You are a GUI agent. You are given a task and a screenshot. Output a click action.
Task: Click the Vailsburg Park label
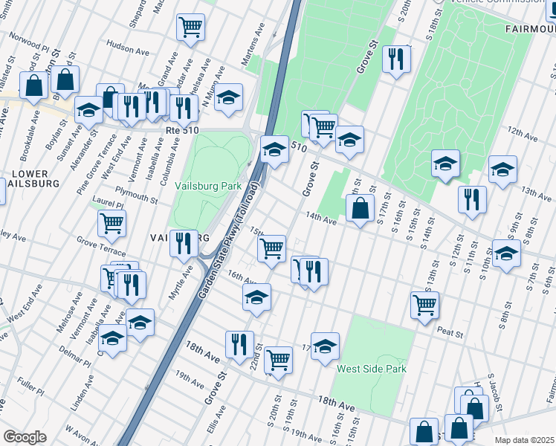[x=207, y=186]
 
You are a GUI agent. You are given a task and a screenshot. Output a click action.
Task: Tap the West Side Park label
[x=372, y=369]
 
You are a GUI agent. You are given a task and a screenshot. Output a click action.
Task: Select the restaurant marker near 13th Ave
[x=472, y=199]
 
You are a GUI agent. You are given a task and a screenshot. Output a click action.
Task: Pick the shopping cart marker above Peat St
[x=424, y=303]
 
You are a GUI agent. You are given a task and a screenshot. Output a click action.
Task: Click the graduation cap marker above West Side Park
[x=325, y=346]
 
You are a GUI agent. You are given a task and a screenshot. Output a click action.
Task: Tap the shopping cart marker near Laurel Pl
[x=111, y=222]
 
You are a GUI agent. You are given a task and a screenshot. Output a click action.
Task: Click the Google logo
[x=25, y=437]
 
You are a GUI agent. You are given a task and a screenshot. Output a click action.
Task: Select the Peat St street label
[x=450, y=331]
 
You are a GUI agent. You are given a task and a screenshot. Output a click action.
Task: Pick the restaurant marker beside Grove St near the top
[x=396, y=59]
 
